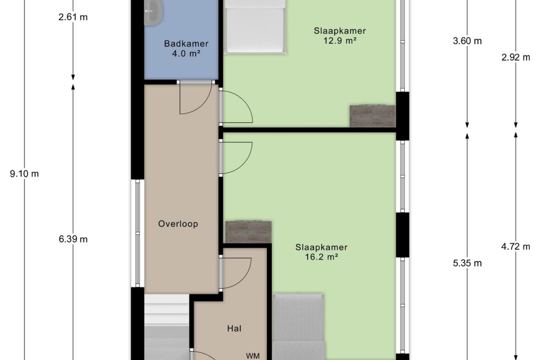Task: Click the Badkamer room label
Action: tap(186, 44)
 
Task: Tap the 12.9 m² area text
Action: tap(340, 41)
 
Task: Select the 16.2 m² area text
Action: tap(321, 257)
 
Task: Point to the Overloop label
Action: tap(178, 224)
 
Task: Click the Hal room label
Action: tap(234, 329)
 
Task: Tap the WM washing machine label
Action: tap(253, 355)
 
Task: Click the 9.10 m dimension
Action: tap(24, 174)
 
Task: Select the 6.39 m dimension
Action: tap(73, 239)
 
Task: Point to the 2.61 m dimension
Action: tap(73, 17)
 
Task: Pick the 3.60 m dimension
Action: tap(467, 41)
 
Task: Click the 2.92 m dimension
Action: tap(516, 57)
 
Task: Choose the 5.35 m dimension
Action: tap(467, 263)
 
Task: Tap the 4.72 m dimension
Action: tap(516, 247)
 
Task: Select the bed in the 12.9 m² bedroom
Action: tap(254, 27)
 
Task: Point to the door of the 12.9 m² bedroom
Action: tap(237, 107)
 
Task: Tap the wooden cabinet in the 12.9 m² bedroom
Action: tap(372, 116)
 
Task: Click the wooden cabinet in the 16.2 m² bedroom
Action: tap(248, 232)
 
